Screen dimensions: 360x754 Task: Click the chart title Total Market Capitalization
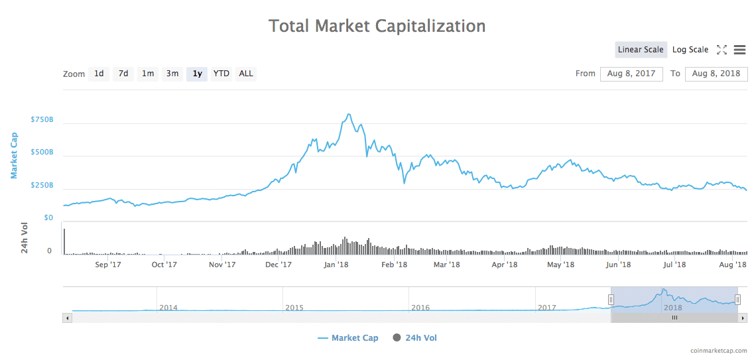[377, 27]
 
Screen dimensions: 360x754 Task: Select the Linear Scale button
[641, 50]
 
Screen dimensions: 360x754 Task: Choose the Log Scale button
[690, 50]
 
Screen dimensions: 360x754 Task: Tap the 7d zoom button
[123, 74]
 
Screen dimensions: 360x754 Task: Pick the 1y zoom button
[197, 74]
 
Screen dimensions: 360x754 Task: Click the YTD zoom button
[221, 74]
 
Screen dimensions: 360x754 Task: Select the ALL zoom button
[246, 74]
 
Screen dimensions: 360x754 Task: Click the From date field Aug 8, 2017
[631, 74]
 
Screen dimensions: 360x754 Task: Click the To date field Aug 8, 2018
[716, 74]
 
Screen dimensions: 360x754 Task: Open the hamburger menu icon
[740, 50]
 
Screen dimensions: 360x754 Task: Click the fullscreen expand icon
[722, 50]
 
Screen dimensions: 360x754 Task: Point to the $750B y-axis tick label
[42, 120]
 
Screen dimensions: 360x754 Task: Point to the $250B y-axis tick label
[42, 186]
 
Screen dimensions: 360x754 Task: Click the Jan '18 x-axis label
[336, 265]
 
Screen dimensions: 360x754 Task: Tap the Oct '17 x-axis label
[164, 265]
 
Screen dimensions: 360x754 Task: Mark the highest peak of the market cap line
[349, 114]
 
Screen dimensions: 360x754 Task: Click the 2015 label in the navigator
[294, 308]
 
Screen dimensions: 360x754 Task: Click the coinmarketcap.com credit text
[718, 351]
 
